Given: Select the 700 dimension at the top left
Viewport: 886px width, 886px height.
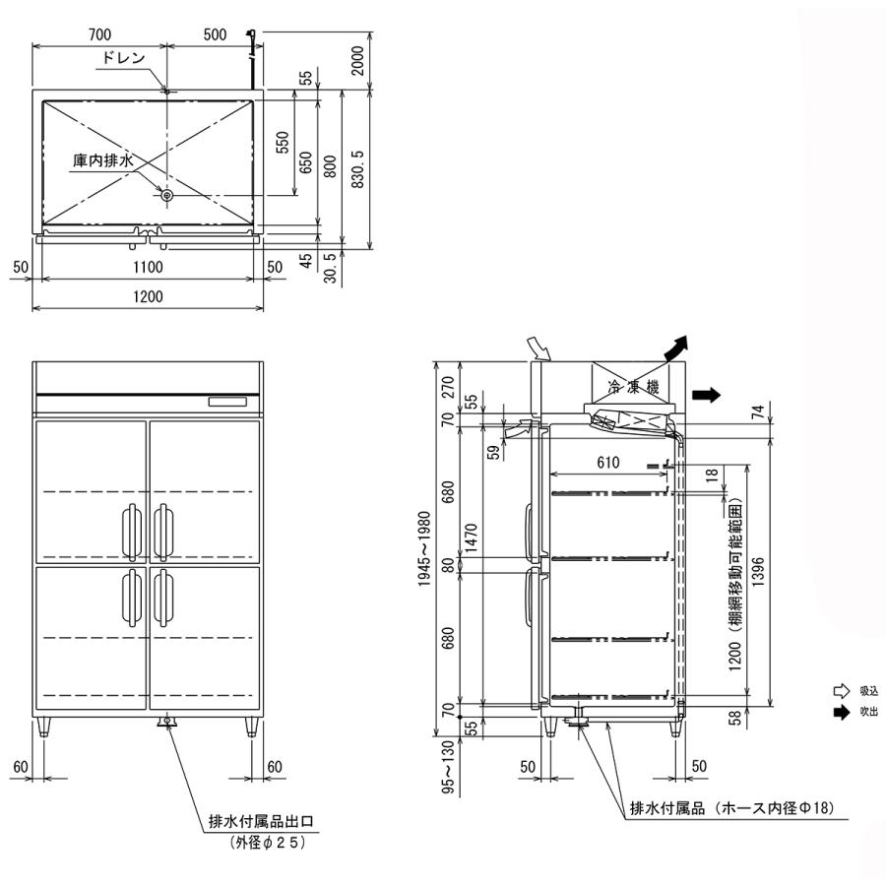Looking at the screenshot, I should click(98, 34).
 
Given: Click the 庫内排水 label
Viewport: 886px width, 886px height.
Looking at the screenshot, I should click(102, 158).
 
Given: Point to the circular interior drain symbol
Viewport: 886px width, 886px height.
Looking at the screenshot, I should click(167, 196).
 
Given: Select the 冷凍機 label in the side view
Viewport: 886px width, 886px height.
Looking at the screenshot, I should click(632, 388).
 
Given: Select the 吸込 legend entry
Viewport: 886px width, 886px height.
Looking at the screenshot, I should click(867, 691).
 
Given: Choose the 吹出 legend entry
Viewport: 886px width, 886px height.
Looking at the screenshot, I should click(867, 712).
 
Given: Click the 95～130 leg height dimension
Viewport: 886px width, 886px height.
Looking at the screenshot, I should click(424, 770).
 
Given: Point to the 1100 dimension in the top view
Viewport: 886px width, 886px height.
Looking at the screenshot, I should click(148, 267).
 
